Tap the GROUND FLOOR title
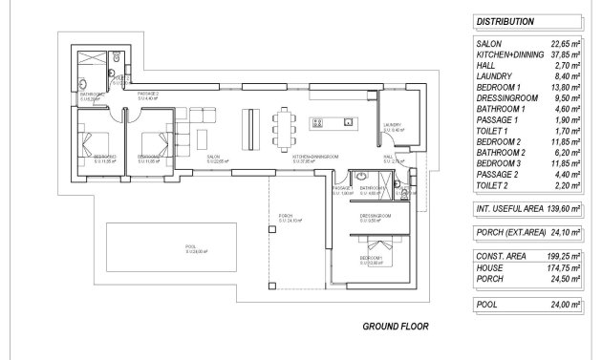[396, 327]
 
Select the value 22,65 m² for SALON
[565, 44]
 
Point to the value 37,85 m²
[565, 54]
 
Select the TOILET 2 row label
[493, 191]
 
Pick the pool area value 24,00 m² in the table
[565, 304]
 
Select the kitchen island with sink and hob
[335, 122]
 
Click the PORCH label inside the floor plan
[284, 217]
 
